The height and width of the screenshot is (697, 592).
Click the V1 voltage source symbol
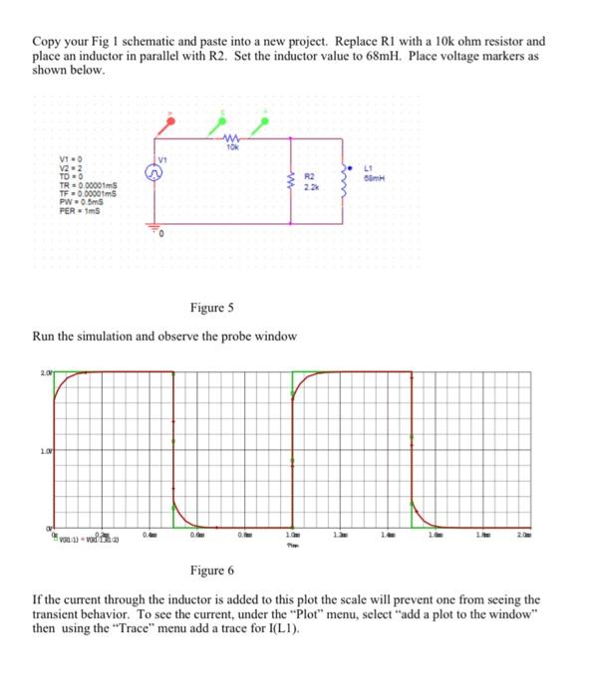tap(156, 171)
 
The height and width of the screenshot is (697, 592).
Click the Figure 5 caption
tap(211, 308)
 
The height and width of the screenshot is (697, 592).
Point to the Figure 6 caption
tap(210, 571)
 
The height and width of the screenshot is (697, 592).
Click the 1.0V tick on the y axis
tap(33, 451)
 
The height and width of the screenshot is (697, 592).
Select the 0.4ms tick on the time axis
tap(148, 536)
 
